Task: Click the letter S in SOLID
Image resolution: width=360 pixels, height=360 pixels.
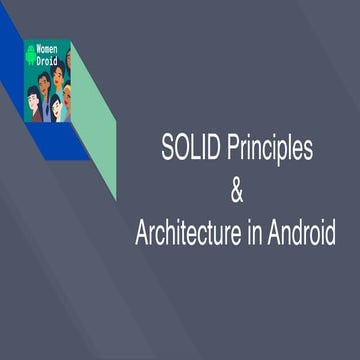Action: click(166, 150)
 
